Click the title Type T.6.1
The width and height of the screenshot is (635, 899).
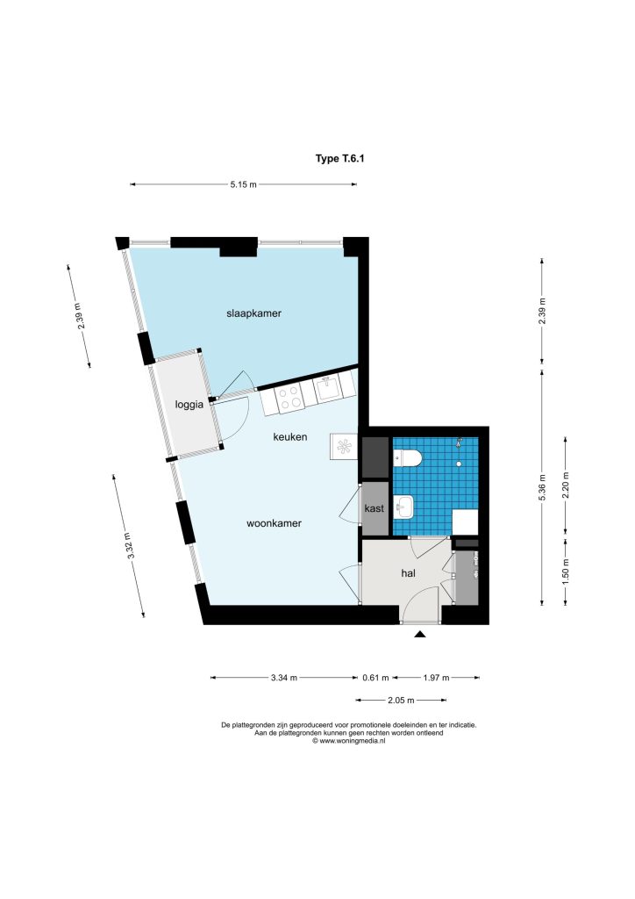[x=339, y=159]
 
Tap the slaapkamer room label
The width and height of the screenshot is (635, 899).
[x=253, y=313]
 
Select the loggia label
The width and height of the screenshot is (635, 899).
[x=189, y=405]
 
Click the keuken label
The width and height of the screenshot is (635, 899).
[x=289, y=437]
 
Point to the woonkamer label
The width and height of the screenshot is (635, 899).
[x=274, y=523]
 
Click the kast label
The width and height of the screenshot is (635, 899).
[x=374, y=508]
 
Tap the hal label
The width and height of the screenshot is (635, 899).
[x=408, y=572]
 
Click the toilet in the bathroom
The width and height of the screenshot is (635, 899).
[x=408, y=458]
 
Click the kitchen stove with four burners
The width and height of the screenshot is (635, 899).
[x=289, y=397]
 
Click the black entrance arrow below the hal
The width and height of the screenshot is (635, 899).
[x=420, y=634]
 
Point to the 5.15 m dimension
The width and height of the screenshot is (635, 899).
[x=243, y=184]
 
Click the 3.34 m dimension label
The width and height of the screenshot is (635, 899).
[x=284, y=678]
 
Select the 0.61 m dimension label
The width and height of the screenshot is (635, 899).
[x=375, y=678]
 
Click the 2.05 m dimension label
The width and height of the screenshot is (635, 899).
[x=401, y=700]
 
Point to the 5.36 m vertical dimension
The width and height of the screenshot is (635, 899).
[x=542, y=486]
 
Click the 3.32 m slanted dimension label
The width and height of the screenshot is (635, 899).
[x=132, y=546]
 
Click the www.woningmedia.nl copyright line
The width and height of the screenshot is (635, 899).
[x=349, y=741]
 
